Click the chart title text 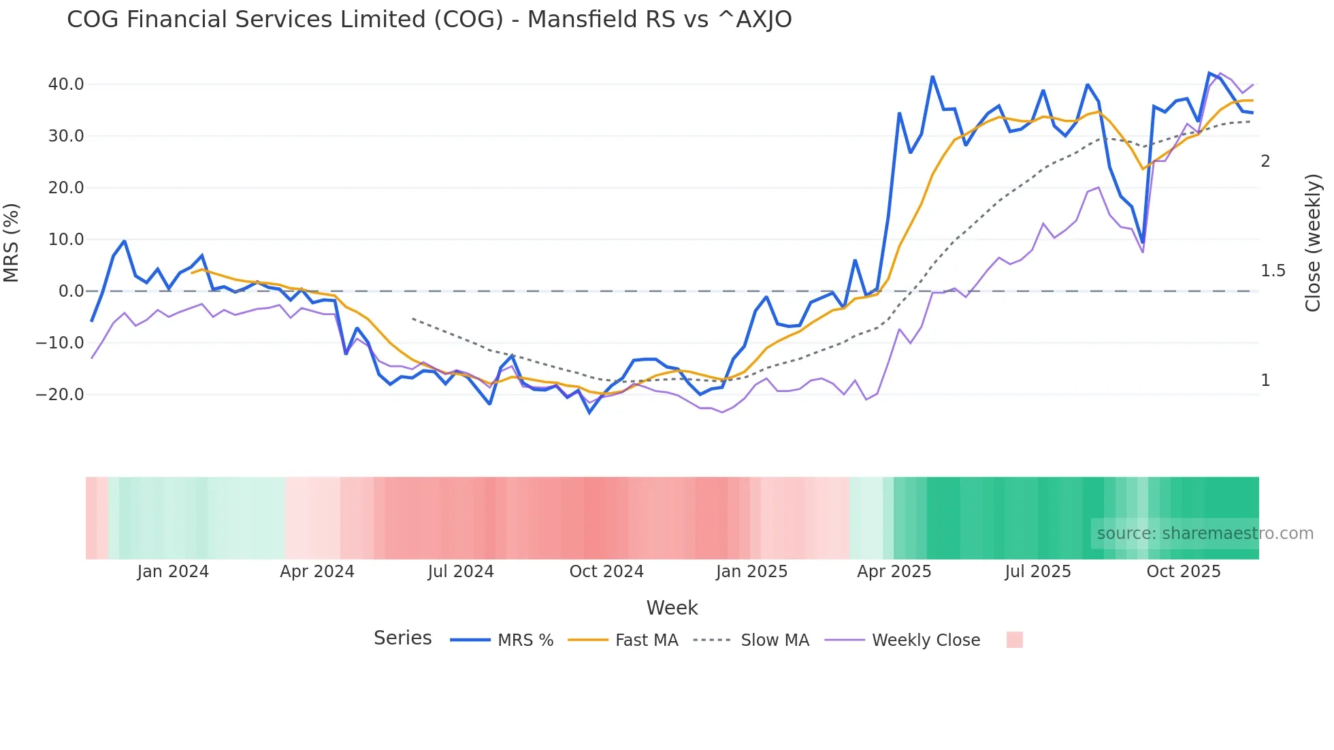coord(429,20)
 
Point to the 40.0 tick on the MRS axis coord(66,84)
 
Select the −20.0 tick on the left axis coord(61,395)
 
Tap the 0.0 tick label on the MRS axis coord(71,291)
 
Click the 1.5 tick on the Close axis coord(1273,271)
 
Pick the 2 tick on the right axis coord(1265,161)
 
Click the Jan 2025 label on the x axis coord(751,572)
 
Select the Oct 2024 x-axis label coord(606,572)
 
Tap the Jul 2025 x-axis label coord(1038,572)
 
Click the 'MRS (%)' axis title coord(12,243)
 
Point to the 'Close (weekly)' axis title coord(1313,243)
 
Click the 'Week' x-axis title coord(672,608)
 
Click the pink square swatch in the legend coord(1014,640)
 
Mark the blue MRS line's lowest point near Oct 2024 coord(589,412)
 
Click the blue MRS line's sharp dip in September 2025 coord(1143,242)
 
